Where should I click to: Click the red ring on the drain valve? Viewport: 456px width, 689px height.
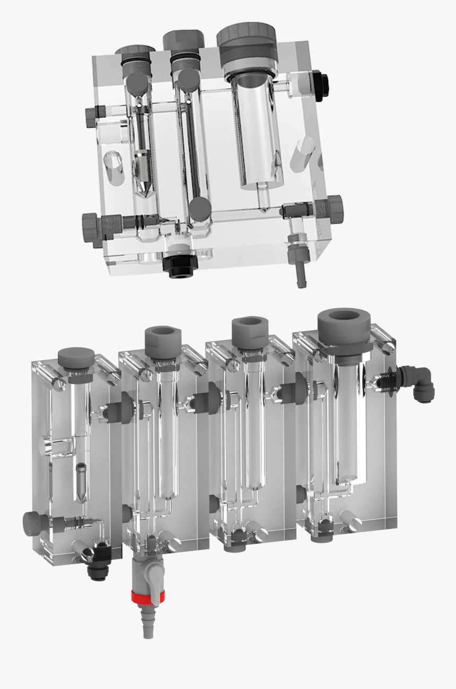pyautogui.click(x=148, y=597)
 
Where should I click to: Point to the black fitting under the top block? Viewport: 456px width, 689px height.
pyautogui.click(x=179, y=266)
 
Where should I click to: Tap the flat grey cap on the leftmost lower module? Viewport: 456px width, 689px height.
pyautogui.click(x=75, y=357)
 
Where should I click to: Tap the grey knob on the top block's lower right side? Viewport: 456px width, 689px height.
pyautogui.click(x=334, y=208)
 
